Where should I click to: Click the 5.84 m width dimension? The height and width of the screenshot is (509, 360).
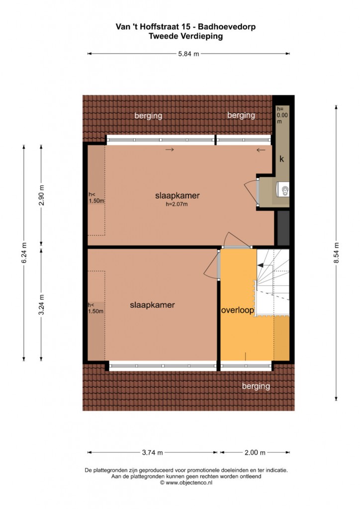[188, 54]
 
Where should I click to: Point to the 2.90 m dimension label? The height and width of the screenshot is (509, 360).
[41, 195]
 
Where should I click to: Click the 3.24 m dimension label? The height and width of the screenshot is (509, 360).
[41, 305]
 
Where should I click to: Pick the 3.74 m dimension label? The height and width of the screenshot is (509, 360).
[152, 452]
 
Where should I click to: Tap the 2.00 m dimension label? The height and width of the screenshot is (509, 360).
[255, 452]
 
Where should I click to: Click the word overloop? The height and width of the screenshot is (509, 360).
[237, 310]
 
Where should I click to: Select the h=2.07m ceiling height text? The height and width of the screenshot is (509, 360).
[177, 204]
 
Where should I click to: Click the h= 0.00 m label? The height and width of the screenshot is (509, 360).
[282, 115]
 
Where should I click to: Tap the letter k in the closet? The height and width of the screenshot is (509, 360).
[282, 159]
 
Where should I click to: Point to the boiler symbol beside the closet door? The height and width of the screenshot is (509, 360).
[283, 189]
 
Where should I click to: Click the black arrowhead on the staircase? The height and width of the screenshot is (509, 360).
[261, 265]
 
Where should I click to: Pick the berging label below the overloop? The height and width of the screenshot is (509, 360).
[256, 386]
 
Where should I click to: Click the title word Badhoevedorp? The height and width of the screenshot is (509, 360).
[227, 27]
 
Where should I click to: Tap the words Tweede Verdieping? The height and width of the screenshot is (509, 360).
[185, 36]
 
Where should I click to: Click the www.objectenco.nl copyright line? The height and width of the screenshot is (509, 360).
[186, 483]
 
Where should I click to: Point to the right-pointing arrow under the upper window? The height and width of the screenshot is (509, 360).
[170, 150]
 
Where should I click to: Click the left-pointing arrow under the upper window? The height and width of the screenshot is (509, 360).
[261, 150]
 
